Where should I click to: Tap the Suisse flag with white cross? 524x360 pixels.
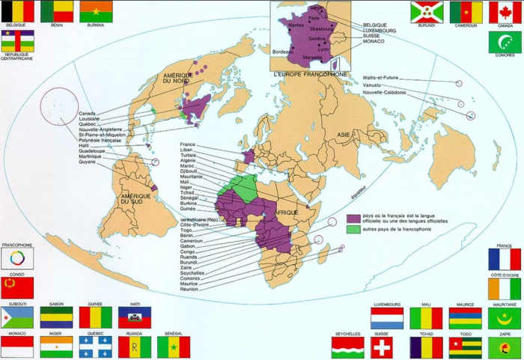point(383,347)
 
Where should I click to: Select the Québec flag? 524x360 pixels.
point(96,347)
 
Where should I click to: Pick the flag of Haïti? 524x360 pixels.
point(135,317)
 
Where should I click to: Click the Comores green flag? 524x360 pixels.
point(505,42)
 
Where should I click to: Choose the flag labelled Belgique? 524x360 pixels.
point(18,11)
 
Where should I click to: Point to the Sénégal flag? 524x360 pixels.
point(174,347)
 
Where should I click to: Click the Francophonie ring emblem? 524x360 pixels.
point(16,258)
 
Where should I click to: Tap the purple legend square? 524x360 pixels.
point(353,217)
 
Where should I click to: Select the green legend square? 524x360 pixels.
point(353,228)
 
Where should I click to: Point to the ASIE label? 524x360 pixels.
point(343,135)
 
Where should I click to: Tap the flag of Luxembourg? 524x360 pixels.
point(387,317)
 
